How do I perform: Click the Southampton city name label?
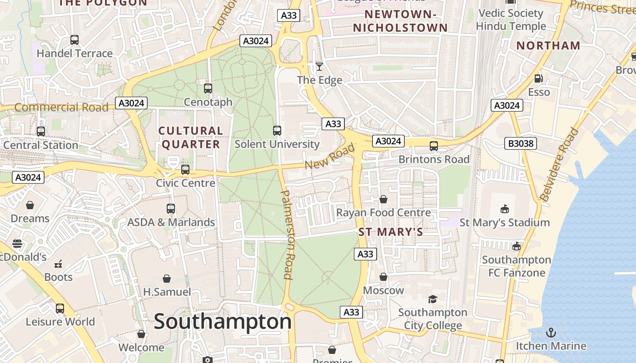pos(223,322)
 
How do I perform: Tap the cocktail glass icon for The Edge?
pos(319,67)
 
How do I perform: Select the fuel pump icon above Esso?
pos(538,78)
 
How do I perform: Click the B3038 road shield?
pos(521,144)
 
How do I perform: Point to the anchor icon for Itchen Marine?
pos(551,333)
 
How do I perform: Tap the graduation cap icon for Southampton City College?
pos(432,299)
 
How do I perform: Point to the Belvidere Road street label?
pos(560,165)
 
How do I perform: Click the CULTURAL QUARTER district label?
pos(191,137)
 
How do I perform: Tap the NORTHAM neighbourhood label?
pos(548,45)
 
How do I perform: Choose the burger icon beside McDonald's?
pos(17,244)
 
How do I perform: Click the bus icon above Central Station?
pos(41,132)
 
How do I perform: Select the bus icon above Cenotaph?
pos(208,88)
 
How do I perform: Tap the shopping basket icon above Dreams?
pos(30,205)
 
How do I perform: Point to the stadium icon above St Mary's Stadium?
pos(504,209)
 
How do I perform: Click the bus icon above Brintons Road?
pos(434,146)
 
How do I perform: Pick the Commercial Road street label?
pos(61,108)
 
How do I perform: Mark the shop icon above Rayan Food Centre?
pos(383,199)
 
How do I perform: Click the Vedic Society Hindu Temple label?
pos(511,20)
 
